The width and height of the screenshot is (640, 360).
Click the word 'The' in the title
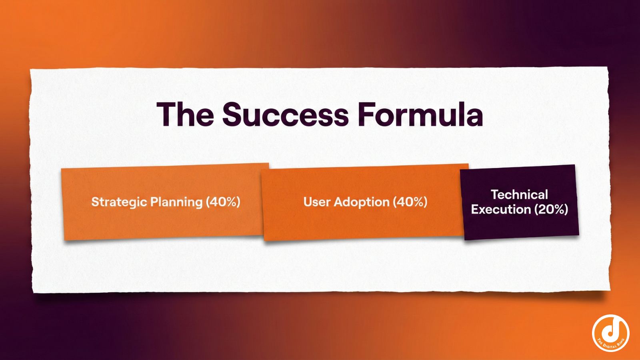pos(185,114)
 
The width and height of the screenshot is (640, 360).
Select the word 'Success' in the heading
pos(286,114)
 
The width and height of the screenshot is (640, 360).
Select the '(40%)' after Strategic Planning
pos(223,202)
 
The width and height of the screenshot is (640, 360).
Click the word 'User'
pos(316,202)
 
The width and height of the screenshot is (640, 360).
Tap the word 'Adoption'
pos(361,202)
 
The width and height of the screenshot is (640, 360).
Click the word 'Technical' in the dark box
pos(519,195)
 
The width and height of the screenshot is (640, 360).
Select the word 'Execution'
pos(501,210)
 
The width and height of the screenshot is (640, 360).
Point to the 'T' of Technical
pos(494,195)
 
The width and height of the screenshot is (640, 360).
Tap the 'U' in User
pos(307,202)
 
